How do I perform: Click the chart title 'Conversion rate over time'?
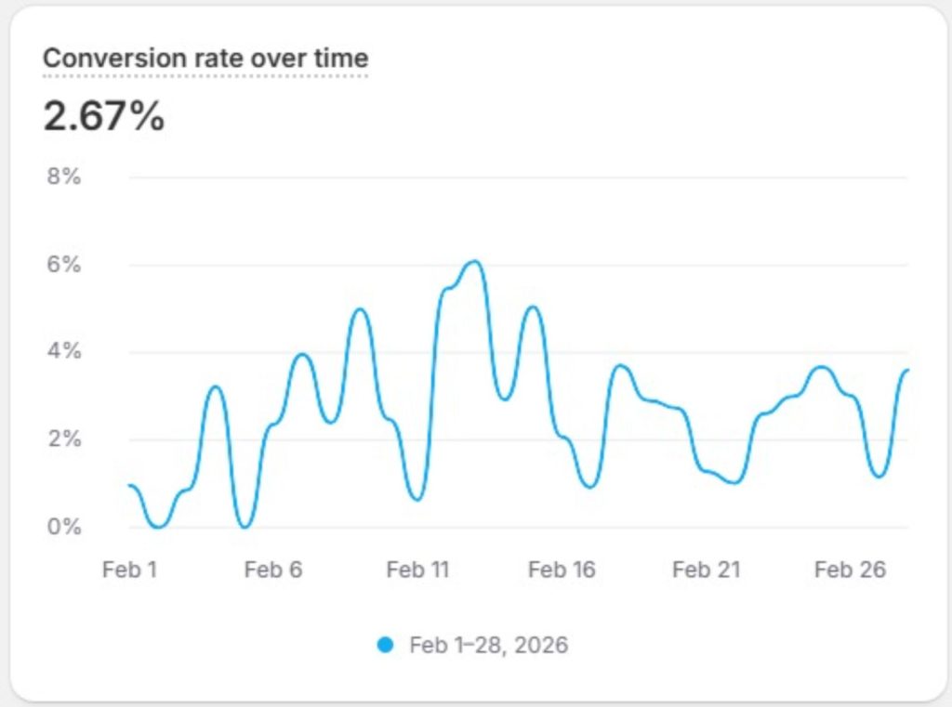[205, 59]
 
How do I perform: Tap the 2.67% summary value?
[103, 118]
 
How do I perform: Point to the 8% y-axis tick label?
[64, 177]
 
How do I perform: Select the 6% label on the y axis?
[64, 265]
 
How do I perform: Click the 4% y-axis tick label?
[64, 352]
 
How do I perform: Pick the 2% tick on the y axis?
[64, 439]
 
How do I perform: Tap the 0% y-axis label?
[64, 527]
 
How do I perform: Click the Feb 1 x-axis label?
[129, 570]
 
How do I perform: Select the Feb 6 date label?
[273, 570]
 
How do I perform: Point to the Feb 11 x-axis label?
[417, 570]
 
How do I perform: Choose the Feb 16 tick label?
[562, 570]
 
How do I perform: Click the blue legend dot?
[386, 645]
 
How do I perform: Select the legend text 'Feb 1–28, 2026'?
[488, 645]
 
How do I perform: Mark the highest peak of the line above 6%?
[473, 262]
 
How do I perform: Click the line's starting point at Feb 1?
[130, 485]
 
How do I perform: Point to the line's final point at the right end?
[907, 370]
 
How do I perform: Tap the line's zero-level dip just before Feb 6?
[245, 527]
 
